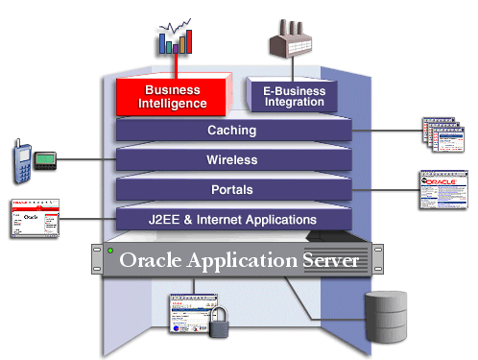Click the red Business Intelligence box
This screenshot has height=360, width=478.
[x=172, y=96]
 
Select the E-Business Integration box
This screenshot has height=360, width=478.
[x=293, y=96]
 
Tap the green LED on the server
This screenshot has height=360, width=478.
[x=111, y=252]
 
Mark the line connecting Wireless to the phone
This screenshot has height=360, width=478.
[x=86, y=158]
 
